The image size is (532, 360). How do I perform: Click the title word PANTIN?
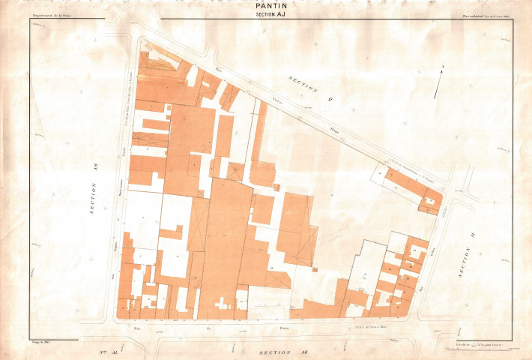point(266,5)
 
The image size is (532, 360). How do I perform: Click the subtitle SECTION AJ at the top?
point(266,13)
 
